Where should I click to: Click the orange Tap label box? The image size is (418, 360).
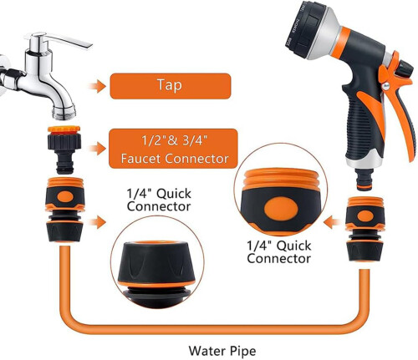pos(171,86)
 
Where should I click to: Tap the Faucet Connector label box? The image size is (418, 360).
pos(173,149)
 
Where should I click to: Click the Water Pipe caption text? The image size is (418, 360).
pos(222,351)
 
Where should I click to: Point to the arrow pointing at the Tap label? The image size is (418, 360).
pos(97,86)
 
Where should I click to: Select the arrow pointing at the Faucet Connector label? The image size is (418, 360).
pos(97,149)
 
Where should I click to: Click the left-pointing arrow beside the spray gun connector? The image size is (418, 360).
pos(331,222)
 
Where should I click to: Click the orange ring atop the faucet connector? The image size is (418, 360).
pos(64,129)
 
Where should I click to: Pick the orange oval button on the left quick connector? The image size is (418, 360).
pos(65,197)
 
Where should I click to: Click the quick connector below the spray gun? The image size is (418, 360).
pos(365,228)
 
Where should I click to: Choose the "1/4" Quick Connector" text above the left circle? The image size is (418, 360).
pos(159,200)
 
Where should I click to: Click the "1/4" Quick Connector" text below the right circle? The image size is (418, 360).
pos(279,252)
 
